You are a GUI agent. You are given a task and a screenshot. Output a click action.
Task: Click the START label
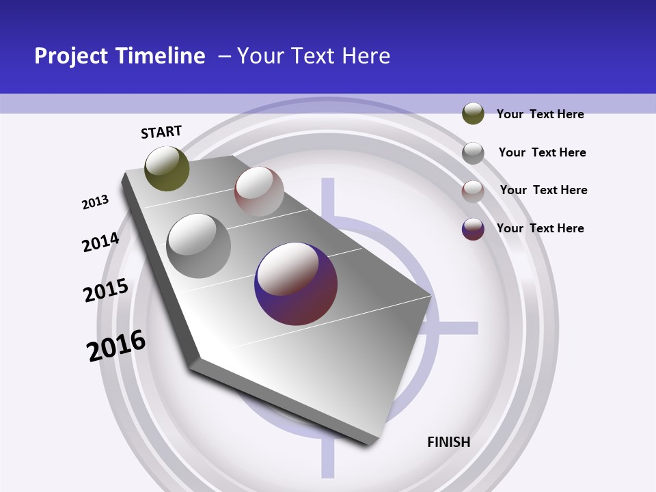point(161,132)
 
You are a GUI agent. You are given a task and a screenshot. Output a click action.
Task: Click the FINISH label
point(449,442)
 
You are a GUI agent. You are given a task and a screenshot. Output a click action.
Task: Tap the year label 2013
point(95,202)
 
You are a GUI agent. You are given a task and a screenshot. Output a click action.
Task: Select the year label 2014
point(100,242)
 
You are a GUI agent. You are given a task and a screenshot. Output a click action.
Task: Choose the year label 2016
point(116,346)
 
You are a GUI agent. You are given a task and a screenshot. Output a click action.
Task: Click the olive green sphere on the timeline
point(167,168)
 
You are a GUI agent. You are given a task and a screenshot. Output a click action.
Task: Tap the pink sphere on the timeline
point(259,191)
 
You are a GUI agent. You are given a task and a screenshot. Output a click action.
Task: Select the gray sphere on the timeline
point(199,246)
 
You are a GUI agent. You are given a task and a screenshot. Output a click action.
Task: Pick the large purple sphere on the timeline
point(296,284)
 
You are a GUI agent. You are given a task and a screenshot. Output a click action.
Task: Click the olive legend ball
point(473,113)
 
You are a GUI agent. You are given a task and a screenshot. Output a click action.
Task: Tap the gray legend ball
point(473,152)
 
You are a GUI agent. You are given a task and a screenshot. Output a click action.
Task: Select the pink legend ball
point(473,191)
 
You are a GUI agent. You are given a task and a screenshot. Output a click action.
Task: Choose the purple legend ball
point(473,229)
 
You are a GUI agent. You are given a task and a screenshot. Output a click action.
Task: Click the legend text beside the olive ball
point(540,114)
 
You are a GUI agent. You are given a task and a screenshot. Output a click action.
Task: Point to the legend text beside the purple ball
point(540,228)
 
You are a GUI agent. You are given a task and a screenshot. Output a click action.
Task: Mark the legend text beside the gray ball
point(542,152)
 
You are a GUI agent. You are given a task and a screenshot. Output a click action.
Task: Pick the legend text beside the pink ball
point(543,190)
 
